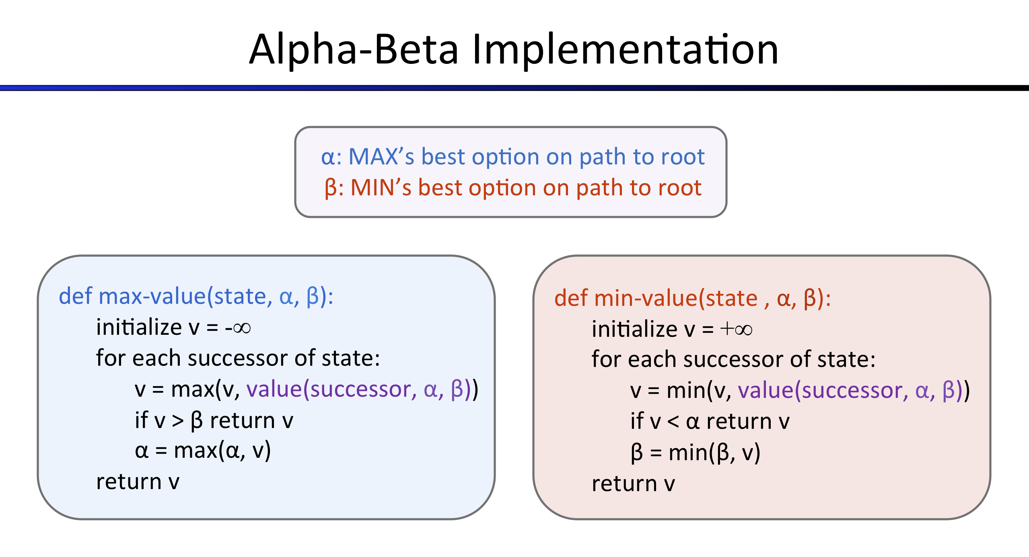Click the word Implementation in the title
pos(625,50)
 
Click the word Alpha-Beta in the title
pos(354,50)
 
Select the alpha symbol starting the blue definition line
pos(327,158)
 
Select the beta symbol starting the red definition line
pos(331,188)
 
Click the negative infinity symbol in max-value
pos(238,328)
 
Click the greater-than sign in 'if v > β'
pos(178,421)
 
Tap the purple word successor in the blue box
pos(360,389)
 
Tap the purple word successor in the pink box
pos(852,391)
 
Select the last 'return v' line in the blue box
pos(138,482)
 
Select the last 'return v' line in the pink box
pos(633,484)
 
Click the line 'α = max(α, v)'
pos(203,451)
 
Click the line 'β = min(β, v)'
pos(695,453)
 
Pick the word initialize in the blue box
pos(139,327)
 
